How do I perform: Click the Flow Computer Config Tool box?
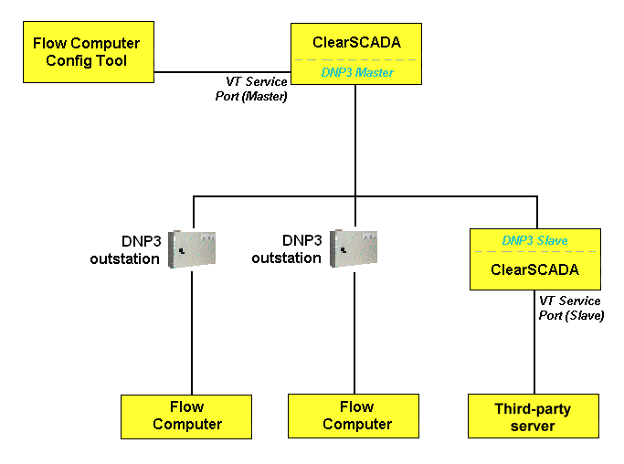tap(87, 51)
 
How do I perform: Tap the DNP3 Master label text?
tap(356, 71)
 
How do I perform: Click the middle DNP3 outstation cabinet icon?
tap(354, 248)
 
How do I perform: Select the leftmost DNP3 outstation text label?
tap(124, 249)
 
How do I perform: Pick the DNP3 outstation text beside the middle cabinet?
tap(289, 249)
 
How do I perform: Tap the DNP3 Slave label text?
tap(534, 240)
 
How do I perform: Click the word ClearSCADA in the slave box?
tap(534, 270)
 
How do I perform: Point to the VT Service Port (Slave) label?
tap(570, 308)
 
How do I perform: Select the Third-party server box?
tap(533, 417)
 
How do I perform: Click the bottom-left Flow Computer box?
tap(186, 416)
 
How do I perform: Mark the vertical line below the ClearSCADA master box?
tap(355, 137)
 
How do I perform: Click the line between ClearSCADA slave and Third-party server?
tap(534, 356)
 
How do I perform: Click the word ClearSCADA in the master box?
tap(356, 42)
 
